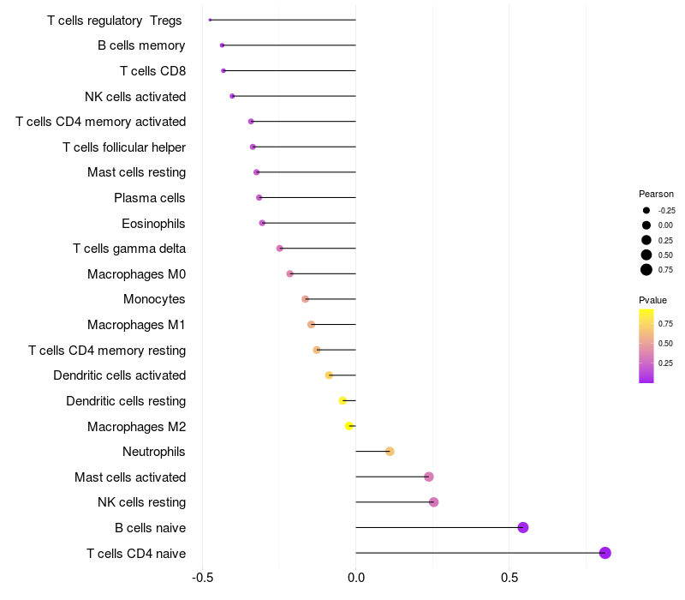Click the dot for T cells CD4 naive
coord(605,553)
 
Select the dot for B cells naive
coord(523,527)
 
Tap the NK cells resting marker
coord(434,502)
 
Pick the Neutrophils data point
coord(390,452)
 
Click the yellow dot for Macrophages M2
coord(349,426)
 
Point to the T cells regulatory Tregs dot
coord(210,20)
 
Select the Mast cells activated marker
coord(429,477)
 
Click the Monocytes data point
coord(306,299)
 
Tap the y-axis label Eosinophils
coord(153,224)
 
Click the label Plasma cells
coord(150,198)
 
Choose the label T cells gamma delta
coord(129,249)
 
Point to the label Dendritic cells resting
coord(126,401)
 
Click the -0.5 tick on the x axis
coord(202,579)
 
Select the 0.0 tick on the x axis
coord(356,579)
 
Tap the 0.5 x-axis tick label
coord(509,579)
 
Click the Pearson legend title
coord(656,194)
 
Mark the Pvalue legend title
coord(652,300)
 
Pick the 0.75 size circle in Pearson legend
coord(646,270)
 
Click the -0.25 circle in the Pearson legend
coord(646,210)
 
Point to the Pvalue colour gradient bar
coord(646,346)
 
